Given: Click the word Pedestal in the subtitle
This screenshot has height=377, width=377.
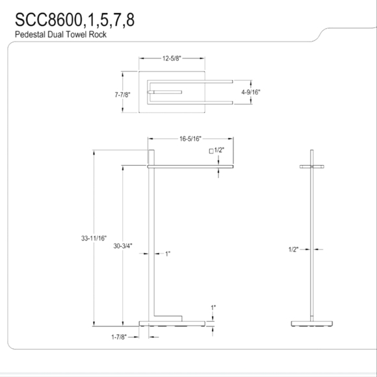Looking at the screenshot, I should click(x=29, y=34).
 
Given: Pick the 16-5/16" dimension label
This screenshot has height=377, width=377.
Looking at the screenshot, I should click(x=190, y=138).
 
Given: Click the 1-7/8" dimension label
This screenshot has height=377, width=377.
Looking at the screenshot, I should click(x=119, y=337).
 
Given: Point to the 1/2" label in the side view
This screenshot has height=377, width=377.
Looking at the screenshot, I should click(x=294, y=249).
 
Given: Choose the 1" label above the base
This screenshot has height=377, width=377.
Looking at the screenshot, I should click(x=213, y=307).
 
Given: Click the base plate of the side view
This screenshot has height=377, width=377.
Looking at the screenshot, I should click(x=312, y=322).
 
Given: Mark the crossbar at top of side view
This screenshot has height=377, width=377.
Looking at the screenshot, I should click(x=312, y=167).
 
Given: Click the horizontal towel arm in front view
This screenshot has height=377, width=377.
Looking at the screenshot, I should click(x=191, y=167).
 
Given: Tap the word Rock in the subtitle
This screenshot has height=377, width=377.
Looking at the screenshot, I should click(x=99, y=34).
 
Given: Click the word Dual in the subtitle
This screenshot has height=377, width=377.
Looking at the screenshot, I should click(x=56, y=34).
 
